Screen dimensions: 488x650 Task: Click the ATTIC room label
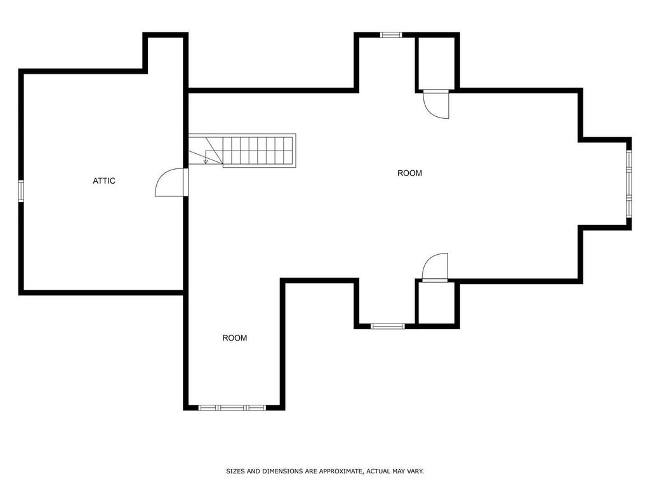point(104,181)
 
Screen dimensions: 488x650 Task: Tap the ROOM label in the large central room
point(409,173)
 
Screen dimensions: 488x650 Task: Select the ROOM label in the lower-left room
point(234,338)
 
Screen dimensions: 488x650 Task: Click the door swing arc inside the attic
point(166,184)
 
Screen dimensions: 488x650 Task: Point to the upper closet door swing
point(437,105)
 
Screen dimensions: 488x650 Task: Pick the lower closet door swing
point(435,266)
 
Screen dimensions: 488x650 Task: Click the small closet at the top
point(435,64)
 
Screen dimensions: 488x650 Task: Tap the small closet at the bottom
point(435,302)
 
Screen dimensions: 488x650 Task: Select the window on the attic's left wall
point(21,191)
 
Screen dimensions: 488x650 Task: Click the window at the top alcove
point(391,34)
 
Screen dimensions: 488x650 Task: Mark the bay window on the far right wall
point(628,184)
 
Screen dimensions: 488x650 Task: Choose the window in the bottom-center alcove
point(387,327)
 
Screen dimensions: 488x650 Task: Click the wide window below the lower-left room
point(232,407)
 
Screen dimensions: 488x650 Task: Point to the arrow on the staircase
point(206,160)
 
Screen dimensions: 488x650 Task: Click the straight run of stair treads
point(257,151)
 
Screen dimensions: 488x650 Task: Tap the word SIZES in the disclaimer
point(235,471)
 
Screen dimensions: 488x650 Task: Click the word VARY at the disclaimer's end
point(415,471)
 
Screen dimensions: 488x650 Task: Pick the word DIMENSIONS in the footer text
point(282,471)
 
